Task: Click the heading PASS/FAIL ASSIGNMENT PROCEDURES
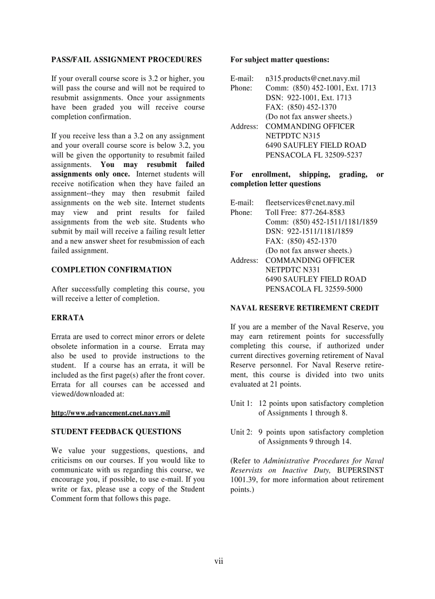click(x=126, y=60)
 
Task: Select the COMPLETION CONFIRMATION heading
click(x=111, y=270)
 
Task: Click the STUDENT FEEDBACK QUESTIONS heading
click(x=116, y=432)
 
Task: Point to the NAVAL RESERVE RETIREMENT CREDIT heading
click(x=304, y=308)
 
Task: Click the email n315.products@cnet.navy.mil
click(x=312, y=78)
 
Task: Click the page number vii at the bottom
click(x=219, y=561)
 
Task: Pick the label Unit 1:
click(x=241, y=404)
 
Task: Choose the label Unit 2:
click(x=241, y=433)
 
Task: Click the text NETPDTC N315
click(x=293, y=136)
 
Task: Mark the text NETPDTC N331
click(x=293, y=270)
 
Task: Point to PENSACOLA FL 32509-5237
click(x=313, y=155)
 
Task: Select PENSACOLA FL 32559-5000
click(x=313, y=289)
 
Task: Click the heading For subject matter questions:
click(x=279, y=60)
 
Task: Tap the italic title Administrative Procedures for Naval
click(x=323, y=461)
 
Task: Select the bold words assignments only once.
click(x=90, y=174)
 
